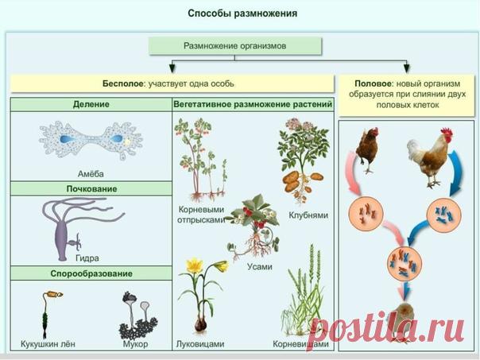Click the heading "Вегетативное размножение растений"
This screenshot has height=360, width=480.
[x=253, y=104]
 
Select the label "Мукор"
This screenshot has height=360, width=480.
[x=135, y=346]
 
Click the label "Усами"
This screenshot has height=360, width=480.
[x=259, y=266]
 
